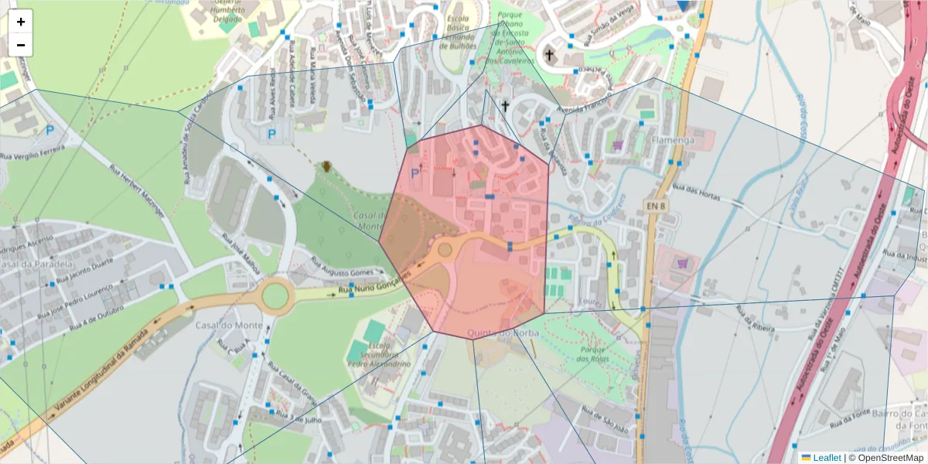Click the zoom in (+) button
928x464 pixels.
point(21,22)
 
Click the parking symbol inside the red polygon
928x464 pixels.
point(415,174)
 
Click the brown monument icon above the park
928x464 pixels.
point(327,165)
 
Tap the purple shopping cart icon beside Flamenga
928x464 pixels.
point(618,144)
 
